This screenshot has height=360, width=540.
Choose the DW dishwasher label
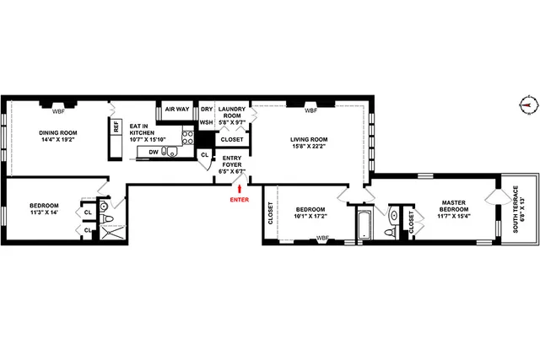(154, 152)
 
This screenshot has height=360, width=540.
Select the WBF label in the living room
(310, 110)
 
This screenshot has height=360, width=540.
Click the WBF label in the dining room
(59, 110)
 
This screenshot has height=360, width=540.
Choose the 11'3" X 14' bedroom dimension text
(44, 212)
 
